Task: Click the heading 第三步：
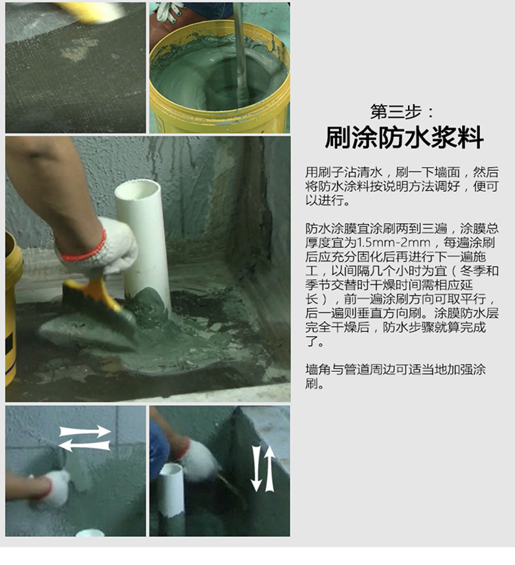402,112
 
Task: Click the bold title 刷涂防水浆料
404,138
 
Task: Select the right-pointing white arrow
85,432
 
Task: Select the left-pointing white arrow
84,446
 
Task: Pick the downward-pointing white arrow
256,469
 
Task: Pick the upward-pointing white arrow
269,468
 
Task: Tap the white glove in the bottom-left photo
56,487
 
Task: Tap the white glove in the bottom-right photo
199,459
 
